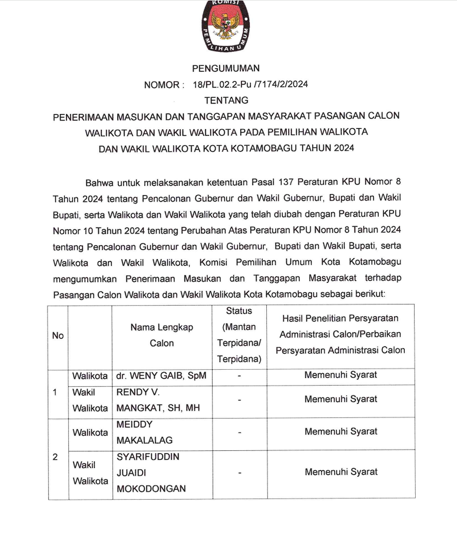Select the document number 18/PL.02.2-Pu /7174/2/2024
[x=250, y=84]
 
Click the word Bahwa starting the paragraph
[x=101, y=180]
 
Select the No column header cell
[x=58, y=336]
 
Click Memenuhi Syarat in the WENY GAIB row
[x=340, y=374]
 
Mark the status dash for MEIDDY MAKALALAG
[x=239, y=433]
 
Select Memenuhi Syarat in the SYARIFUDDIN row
[x=340, y=471]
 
